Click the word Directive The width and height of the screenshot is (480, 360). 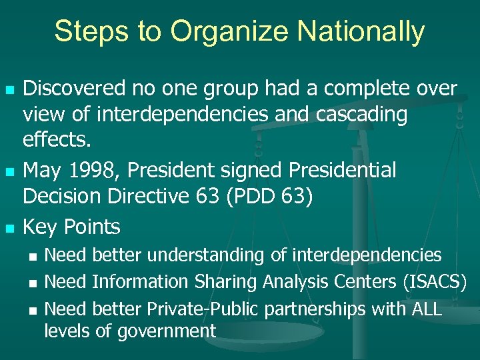click(156, 197)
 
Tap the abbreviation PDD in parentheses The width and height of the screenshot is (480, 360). click(265, 197)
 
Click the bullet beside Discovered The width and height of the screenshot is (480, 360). click(9, 89)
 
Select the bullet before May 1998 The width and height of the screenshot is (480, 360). click(9, 172)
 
